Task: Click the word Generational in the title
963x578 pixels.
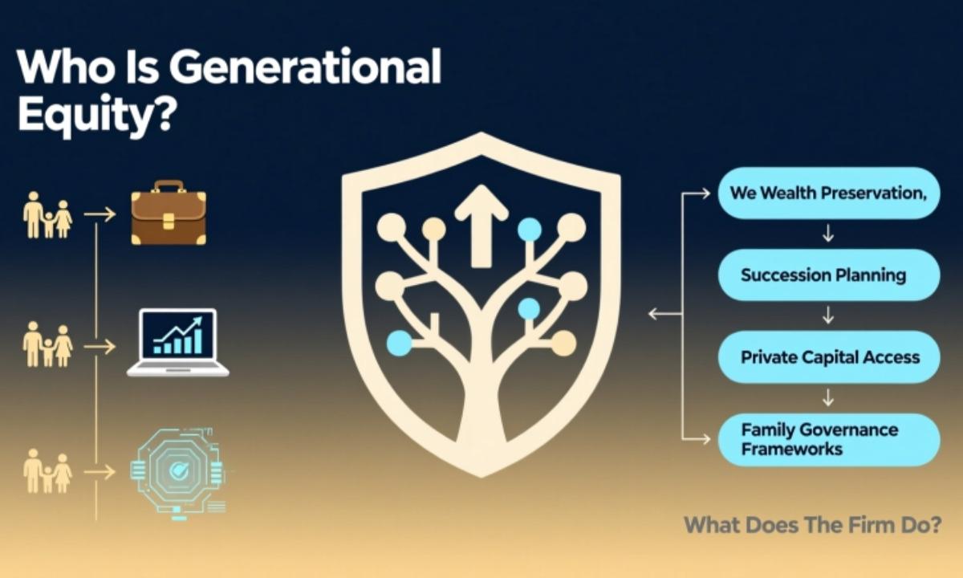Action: tap(305, 67)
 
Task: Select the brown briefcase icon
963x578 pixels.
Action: tap(169, 213)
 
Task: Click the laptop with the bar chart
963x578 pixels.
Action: tap(178, 343)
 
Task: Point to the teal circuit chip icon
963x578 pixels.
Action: tap(178, 471)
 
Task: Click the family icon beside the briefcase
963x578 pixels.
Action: tap(47, 214)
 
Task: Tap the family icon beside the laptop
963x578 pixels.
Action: tap(47, 345)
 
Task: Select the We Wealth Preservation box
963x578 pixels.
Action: tap(828, 193)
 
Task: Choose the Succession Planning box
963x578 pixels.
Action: tap(828, 275)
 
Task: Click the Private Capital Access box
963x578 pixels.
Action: tap(828, 357)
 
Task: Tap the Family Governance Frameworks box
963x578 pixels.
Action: tap(828, 439)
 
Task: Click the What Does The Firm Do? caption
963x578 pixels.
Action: tap(812, 525)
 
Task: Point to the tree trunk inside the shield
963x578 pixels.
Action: tap(481, 401)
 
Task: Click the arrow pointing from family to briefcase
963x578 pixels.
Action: tap(100, 214)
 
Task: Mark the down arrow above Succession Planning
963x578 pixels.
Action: tap(828, 234)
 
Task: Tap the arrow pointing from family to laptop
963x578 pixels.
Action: tap(100, 346)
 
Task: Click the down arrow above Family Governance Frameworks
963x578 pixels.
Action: tap(828, 398)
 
